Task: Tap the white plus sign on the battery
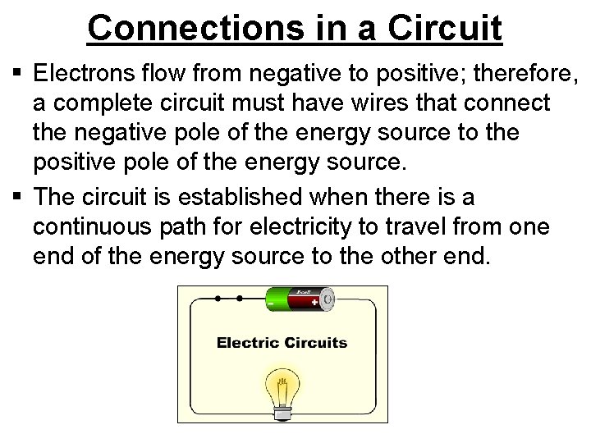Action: pos(316,304)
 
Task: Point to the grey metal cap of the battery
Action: pos(328,299)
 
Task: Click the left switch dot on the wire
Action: pos(218,298)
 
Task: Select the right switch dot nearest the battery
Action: pos(240,298)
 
